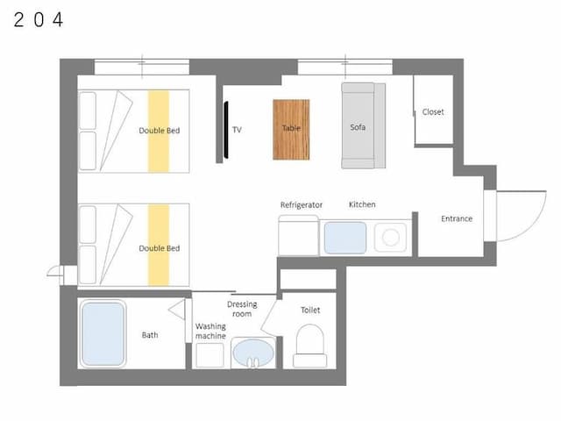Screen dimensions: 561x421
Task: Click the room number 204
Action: (x=39, y=19)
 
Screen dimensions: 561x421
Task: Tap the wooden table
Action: (x=291, y=130)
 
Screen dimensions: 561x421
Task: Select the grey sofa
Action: (x=363, y=125)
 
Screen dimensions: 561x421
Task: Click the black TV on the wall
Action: (x=226, y=130)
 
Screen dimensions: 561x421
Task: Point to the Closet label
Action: (x=433, y=112)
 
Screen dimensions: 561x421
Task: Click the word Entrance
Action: (x=457, y=218)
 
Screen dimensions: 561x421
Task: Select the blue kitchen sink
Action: (x=345, y=238)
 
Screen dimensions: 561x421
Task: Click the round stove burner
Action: (x=390, y=238)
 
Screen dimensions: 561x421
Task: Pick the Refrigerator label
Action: (x=302, y=205)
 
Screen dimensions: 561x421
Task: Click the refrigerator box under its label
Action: (x=298, y=236)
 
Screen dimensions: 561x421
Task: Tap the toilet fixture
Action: (x=309, y=346)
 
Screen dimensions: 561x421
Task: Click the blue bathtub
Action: (x=103, y=333)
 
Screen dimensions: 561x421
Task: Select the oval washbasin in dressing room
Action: (x=253, y=353)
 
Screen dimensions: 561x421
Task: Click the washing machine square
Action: (x=209, y=355)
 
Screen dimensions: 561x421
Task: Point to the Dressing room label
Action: (x=242, y=310)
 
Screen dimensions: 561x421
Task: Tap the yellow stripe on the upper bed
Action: (x=159, y=132)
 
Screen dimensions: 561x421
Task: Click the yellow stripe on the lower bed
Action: (x=159, y=246)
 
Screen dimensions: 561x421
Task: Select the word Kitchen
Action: (x=362, y=204)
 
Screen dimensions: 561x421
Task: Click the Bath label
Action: (x=150, y=335)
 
